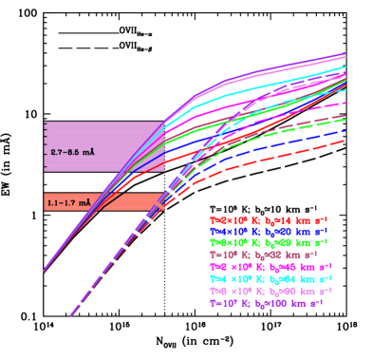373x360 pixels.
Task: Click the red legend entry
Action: click(269, 219)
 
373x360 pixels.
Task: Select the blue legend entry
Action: click(269, 231)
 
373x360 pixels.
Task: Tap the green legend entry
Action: click(269, 243)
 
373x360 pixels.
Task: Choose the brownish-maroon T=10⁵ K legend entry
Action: click(269, 255)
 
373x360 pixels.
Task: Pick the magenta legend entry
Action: click(269, 267)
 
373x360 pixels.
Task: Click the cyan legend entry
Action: click(269, 279)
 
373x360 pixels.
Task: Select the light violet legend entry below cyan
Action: click(269, 292)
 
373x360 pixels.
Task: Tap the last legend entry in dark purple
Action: click(269, 304)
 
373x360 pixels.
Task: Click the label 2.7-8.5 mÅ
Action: click(73, 151)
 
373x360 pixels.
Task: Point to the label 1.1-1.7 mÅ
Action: click(69, 202)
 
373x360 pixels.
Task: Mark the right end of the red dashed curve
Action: click(345, 140)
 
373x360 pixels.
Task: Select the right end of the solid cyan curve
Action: click(345, 67)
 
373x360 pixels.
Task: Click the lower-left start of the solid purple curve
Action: click(43, 271)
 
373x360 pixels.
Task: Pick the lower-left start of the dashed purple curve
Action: click(70, 315)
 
